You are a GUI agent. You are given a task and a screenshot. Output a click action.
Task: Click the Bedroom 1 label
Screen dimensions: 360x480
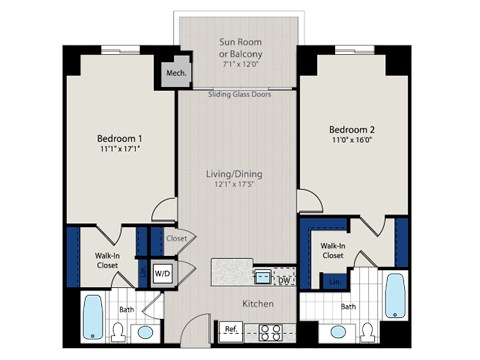(119, 138)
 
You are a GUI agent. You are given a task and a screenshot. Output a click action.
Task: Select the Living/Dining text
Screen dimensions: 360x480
(238, 175)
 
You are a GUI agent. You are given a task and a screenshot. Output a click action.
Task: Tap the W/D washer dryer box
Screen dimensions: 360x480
(161, 272)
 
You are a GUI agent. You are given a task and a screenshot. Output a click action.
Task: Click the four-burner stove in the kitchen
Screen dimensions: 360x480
(270, 331)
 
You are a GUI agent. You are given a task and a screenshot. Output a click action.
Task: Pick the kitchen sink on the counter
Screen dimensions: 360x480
(262, 276)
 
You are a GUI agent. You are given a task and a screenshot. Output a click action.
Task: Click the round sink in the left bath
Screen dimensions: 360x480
(145, 331)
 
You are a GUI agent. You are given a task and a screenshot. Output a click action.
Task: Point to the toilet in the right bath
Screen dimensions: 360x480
(366, 331)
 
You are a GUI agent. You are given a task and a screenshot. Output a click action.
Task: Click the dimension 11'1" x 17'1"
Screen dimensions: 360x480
(119, 151)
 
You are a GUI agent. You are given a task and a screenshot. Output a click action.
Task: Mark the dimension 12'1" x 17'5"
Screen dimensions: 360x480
(238, 187)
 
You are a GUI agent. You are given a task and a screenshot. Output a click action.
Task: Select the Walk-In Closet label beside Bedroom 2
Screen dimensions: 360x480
(333, 250)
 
